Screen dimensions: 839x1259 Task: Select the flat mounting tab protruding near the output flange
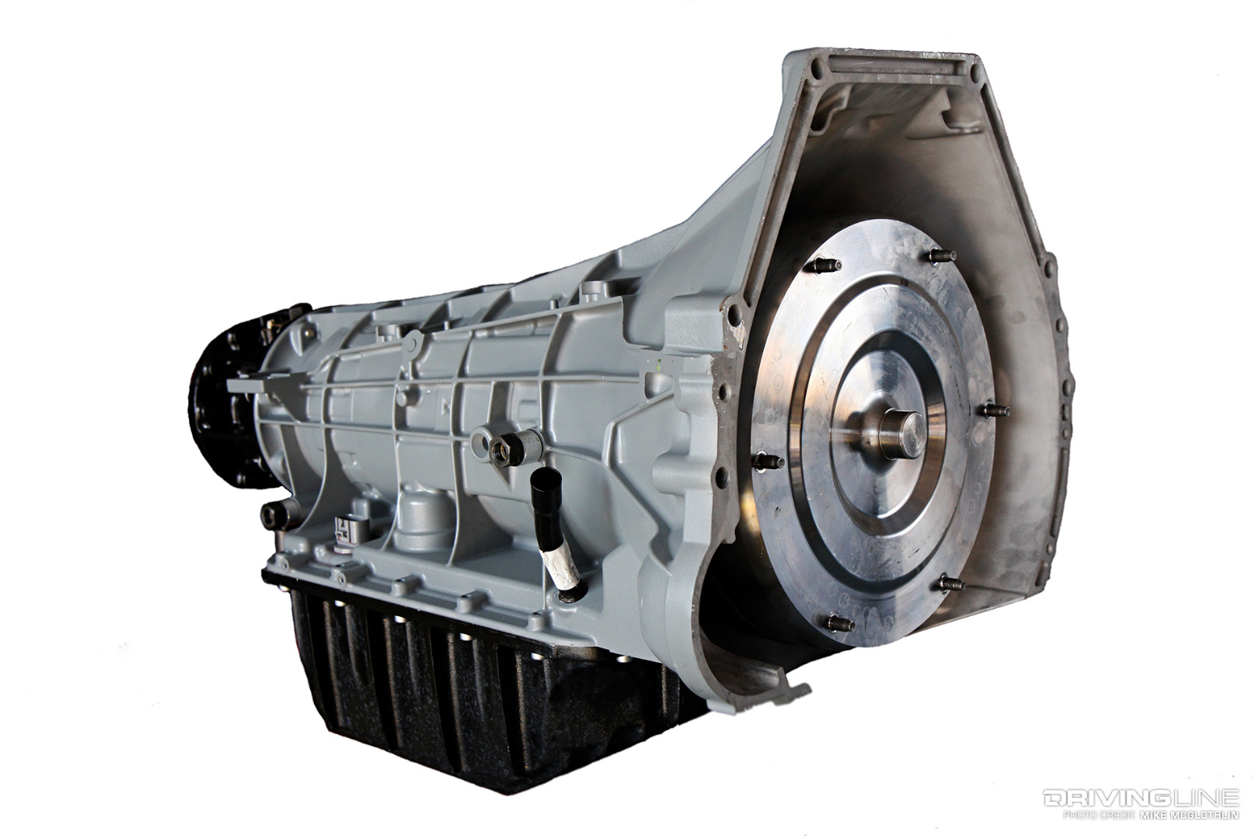point(247,383)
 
